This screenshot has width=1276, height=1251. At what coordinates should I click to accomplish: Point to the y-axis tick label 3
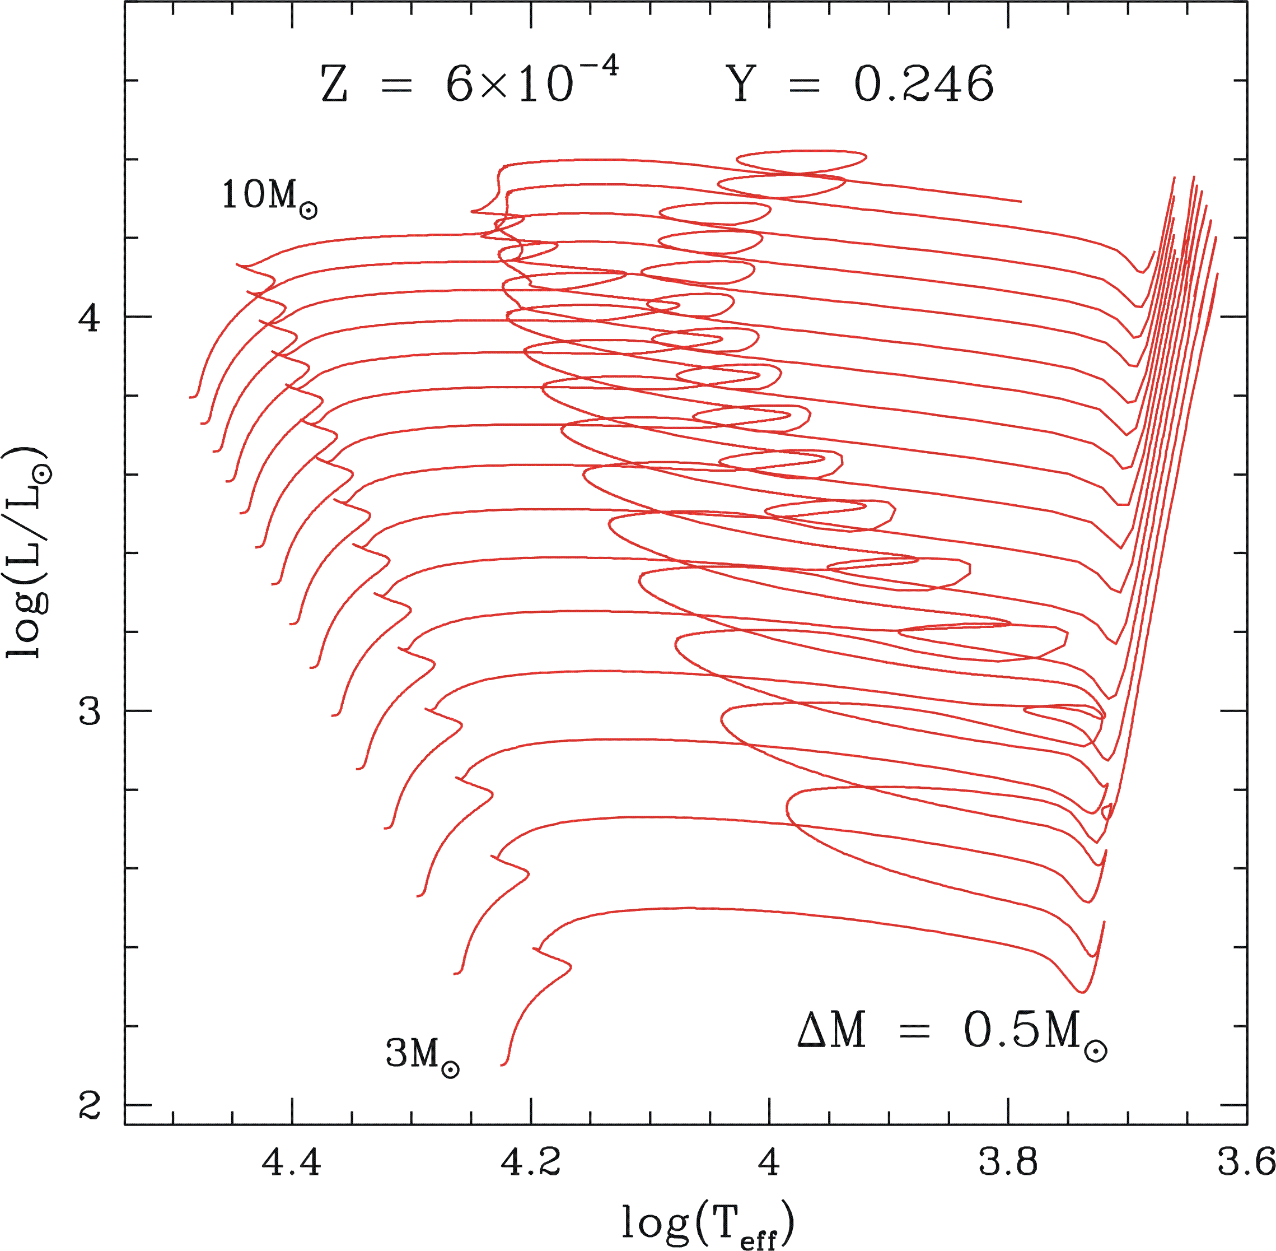[x=90, y=711]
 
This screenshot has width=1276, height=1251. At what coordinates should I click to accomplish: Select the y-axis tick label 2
[x=90, y=1105]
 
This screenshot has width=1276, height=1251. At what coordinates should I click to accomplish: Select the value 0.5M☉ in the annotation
[x=1034, y=1031]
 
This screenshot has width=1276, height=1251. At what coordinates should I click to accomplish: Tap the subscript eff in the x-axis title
[x=758, y=1239]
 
